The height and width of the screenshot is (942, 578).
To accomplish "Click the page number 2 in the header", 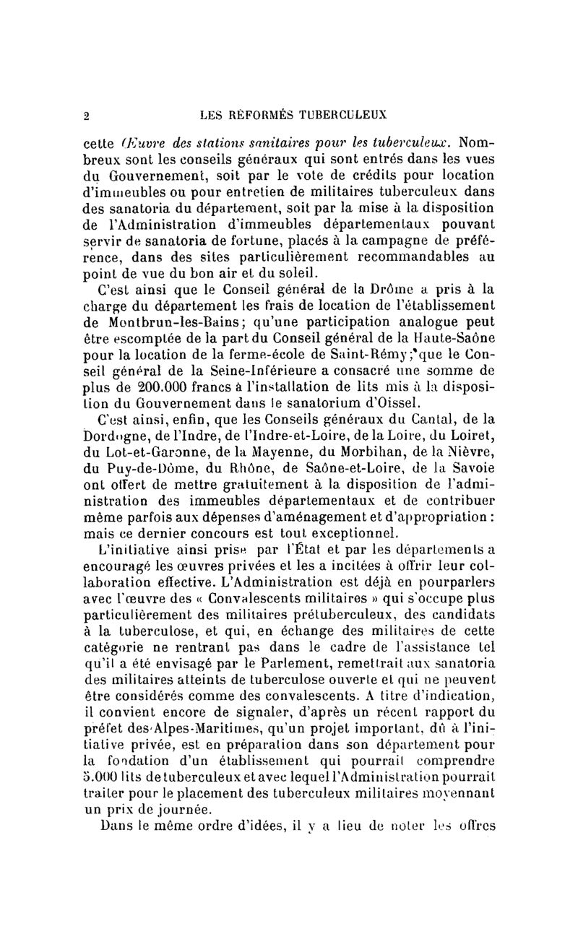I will (85, 113).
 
